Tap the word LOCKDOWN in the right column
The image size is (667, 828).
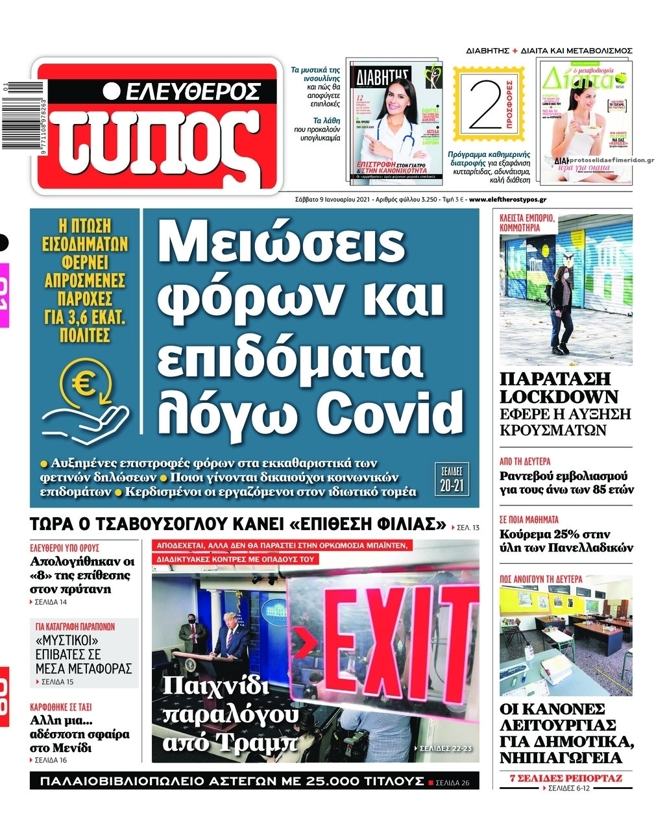pos(559,397)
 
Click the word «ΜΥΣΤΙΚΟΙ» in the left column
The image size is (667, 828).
pos(62,640)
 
